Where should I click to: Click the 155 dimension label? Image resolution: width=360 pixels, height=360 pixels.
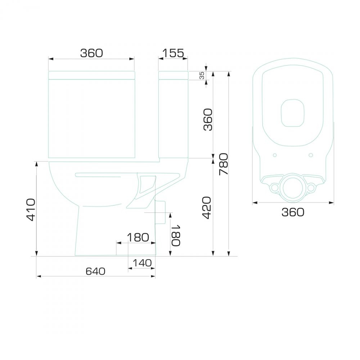tap(174, 53)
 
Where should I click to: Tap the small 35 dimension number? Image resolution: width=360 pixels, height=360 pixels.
tap(202, 76)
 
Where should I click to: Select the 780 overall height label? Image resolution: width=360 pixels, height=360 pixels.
tap(224, 164)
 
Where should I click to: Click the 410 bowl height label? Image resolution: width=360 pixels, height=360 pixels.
tap(31, 210)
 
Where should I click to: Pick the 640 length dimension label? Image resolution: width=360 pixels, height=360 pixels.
tap(95, 271)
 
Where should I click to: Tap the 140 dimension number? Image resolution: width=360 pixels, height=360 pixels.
tap(142, 263)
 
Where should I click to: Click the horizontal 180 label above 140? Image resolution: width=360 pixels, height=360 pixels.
tap(138, 238)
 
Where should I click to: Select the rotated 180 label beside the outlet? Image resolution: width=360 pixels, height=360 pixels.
tap(176, 235)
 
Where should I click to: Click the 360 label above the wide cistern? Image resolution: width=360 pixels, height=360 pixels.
tap(91, 53)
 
